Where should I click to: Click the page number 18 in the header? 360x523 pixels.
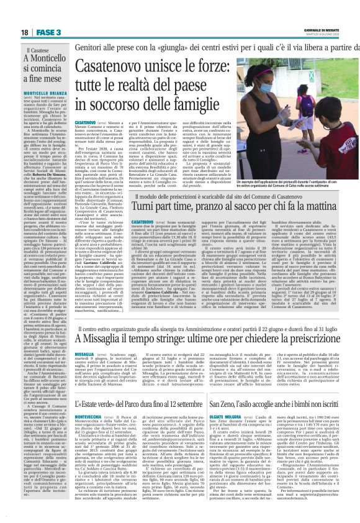tap(24, 31)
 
